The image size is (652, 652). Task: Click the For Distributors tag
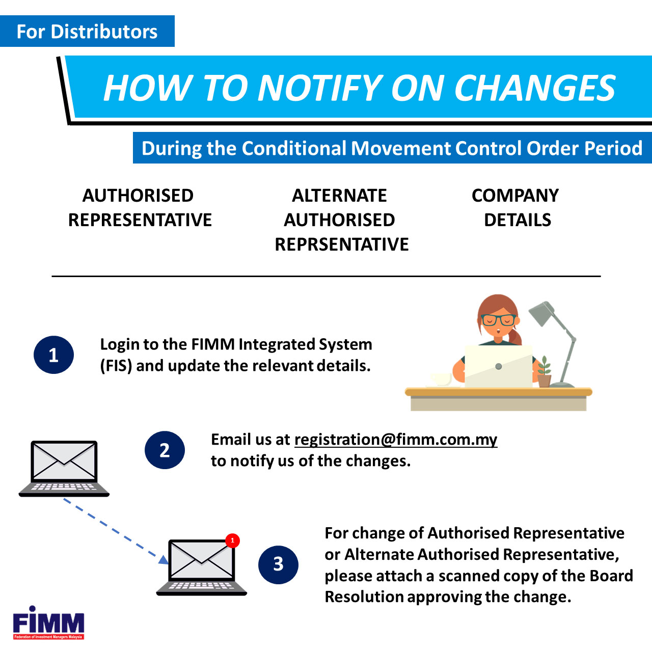point(87,31)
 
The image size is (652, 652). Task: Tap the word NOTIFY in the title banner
point(320,88)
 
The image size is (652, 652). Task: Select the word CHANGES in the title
point(535,88)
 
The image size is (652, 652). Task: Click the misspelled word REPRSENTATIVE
point(342,244)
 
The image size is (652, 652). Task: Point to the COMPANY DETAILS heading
point(515,207)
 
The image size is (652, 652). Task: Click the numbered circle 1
point(53,355)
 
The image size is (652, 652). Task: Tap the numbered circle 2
point(165,450)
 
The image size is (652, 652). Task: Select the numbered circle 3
point(278,565)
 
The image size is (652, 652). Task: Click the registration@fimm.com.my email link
point(396,440)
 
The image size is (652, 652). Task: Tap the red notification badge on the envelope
point(232,540)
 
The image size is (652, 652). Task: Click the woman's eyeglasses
point(498,320)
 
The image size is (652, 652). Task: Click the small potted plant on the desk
point(544,371)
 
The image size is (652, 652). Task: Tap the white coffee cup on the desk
point(441,379)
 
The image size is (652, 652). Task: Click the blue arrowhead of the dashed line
point(164,560)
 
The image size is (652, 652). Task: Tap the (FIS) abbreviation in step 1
point(116,366)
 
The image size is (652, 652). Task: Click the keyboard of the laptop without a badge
point(64,487)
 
